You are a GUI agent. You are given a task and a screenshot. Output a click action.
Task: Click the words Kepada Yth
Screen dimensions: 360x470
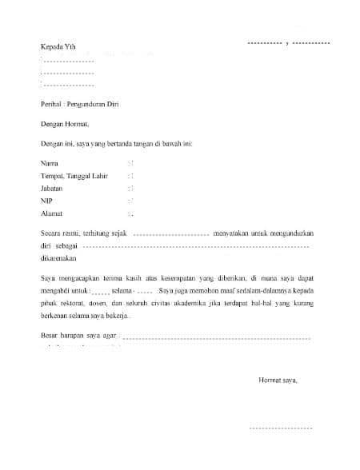[60, 47]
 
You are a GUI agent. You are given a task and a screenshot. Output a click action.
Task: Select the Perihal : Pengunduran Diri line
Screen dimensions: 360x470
[79, 104]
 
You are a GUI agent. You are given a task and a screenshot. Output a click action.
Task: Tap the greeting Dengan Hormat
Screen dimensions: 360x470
[66, 124]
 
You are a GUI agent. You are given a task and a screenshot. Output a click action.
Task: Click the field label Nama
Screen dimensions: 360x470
[50, 162]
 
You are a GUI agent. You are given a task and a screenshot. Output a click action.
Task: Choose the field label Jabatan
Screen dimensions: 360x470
[54, 188]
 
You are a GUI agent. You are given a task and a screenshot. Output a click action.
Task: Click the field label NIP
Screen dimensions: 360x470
[46, 201]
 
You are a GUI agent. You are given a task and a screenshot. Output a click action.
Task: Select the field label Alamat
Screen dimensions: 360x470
[52, 213]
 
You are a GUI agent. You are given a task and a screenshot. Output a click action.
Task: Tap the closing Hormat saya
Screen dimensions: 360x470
[278, 380]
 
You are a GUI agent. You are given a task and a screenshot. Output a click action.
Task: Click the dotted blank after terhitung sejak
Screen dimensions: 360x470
[169, 234]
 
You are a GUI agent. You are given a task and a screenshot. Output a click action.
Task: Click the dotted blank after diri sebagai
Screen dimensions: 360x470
[196, 247]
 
